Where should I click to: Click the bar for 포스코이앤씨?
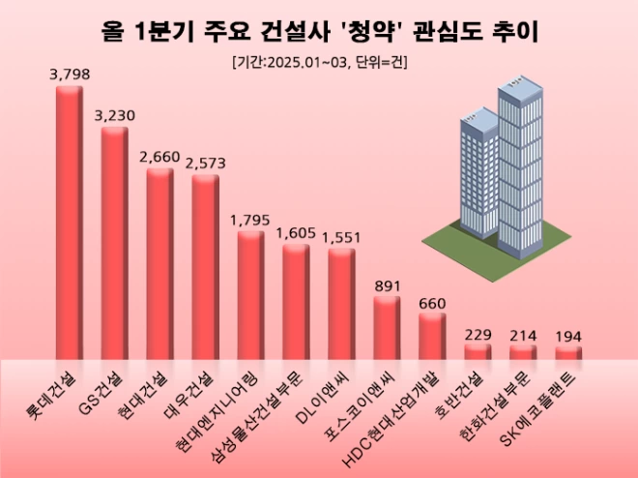tap(387, 329)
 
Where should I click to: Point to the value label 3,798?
tap(69, 74)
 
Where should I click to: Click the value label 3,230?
tap(114, 115)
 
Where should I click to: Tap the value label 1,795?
tap(250, 219)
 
